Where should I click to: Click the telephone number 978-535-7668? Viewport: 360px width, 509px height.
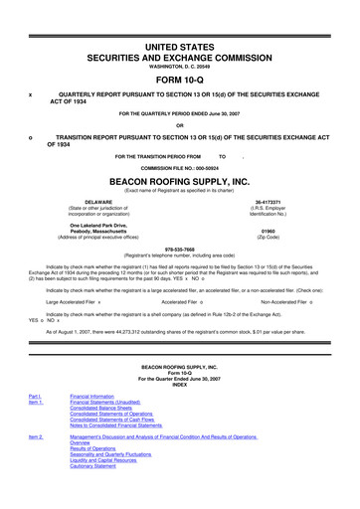point(179,249)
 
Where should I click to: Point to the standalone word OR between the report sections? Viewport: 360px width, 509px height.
point(179,124)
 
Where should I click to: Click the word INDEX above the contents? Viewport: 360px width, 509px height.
point(179,384)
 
